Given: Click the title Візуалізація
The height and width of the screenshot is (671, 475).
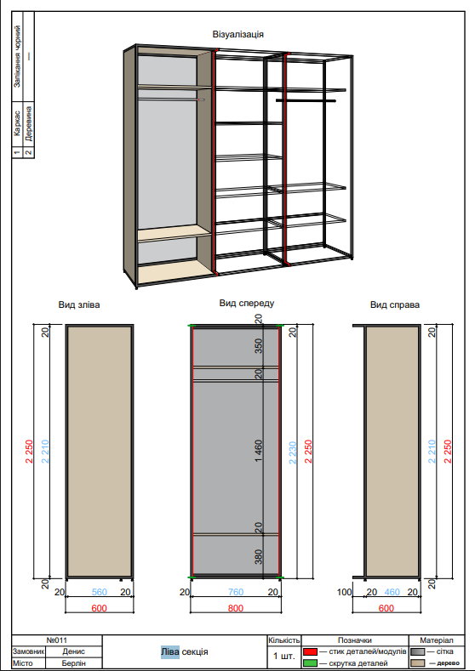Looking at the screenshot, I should pyautogui.click(x=237, y=34).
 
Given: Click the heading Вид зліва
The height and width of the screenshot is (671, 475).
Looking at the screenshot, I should pyautogui.click(x=79, y=304).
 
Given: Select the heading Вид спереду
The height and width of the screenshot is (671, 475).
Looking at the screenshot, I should pyautogui.click(x=246, y=303).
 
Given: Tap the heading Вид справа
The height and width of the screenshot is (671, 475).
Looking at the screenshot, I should pyautogui.click(x=394, y=304).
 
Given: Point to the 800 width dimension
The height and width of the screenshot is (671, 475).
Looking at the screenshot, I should pyautogui.click(x=236, y=608).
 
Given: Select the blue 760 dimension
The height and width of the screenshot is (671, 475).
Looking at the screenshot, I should pyautogui.click(x=236, y=592).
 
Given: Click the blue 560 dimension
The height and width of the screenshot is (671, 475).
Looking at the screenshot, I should pyautogui.click(x=99, y=592).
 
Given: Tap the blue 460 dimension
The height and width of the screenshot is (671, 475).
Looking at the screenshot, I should pyautogui.click(x=392, y=592).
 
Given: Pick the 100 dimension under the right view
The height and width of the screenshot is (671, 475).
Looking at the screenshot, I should pyautogui.click(x=345, y=592).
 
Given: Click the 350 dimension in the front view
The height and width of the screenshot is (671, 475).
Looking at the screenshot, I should pyautogui.click(x=259, y=346).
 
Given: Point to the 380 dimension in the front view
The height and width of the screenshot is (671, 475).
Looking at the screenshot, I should pyautogui.click(x=259, y=557).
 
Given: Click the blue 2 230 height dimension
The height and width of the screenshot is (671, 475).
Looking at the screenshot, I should pyautogui.click(x=292, y=452).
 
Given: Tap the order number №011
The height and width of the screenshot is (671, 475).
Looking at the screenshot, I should pyautogui.click(x=56, y=640).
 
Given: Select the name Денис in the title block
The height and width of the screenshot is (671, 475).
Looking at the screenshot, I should pyautogui.click(x=73, y=651).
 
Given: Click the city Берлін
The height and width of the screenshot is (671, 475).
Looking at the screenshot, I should pyautogui.click(x=73, y=662).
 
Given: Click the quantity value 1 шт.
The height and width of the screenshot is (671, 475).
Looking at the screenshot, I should pyautogui.click(x=283, y=657).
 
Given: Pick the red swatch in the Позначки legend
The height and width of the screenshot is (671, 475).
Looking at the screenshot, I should pyautogui.click(x=311, y=651).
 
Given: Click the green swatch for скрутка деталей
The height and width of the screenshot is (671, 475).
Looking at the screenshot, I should pyautogui.click(x=311, y=662).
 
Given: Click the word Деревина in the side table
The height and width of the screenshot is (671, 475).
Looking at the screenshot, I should pyautogui.click(x=29, y=124).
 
